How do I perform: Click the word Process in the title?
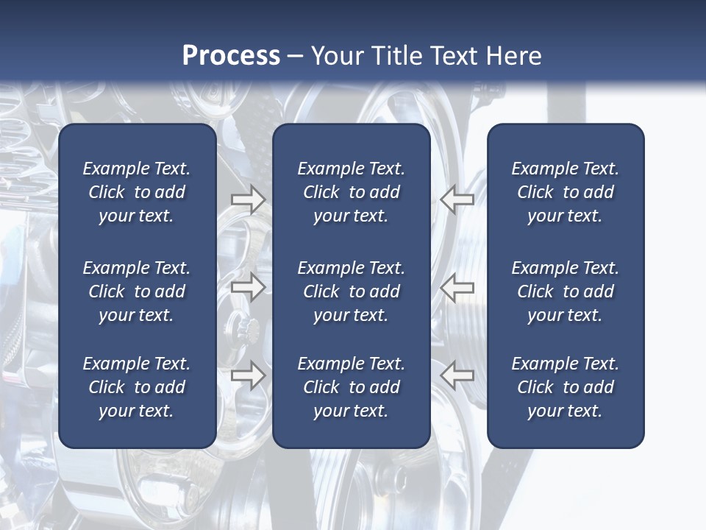(231, 56)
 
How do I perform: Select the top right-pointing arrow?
(248, 199)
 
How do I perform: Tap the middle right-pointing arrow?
(248, 287)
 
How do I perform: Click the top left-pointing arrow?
(457, 199)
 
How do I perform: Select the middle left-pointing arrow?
(457, 287)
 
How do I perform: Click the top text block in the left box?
(137, 192)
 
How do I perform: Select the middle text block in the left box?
(137, 291)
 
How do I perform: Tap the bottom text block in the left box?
(137, 387)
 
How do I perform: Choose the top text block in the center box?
(351, 192)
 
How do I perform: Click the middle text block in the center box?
(351, 291)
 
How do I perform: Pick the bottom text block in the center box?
(351, 387)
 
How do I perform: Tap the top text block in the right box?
(565, 192)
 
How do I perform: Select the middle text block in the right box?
(565, 291)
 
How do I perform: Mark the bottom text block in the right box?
(565, 387)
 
